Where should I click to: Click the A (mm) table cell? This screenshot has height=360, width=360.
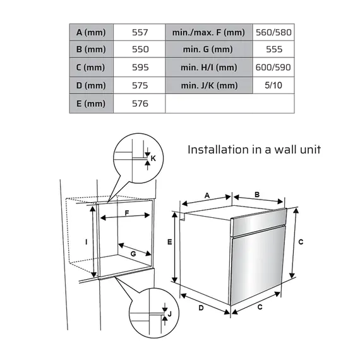91,32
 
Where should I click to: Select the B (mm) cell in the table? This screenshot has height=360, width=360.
91,49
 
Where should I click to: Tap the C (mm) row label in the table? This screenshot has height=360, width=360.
91,68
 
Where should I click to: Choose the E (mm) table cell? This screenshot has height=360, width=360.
91,104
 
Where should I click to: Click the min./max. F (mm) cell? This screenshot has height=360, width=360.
208,32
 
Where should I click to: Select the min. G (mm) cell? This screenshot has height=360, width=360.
208,49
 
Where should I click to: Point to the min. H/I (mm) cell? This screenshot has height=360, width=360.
208,68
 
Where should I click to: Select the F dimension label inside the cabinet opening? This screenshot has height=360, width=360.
127,213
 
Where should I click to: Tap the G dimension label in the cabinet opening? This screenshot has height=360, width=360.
133,252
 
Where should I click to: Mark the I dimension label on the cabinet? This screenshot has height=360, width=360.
86,241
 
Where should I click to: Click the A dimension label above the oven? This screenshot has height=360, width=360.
207,195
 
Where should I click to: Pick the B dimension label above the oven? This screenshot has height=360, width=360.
258,195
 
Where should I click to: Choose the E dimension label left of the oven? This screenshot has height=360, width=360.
169,241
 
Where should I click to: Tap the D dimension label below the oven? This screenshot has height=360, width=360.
201,308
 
